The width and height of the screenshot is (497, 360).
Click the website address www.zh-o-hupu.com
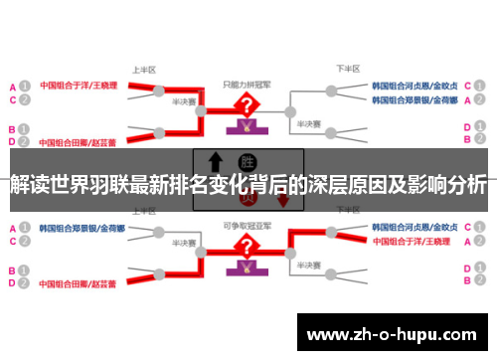(395, 329)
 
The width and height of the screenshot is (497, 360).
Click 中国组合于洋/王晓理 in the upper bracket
(79, 86)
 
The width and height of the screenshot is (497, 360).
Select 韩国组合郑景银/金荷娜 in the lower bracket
(81, 227)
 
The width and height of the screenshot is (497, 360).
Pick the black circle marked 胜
(246, 161)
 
